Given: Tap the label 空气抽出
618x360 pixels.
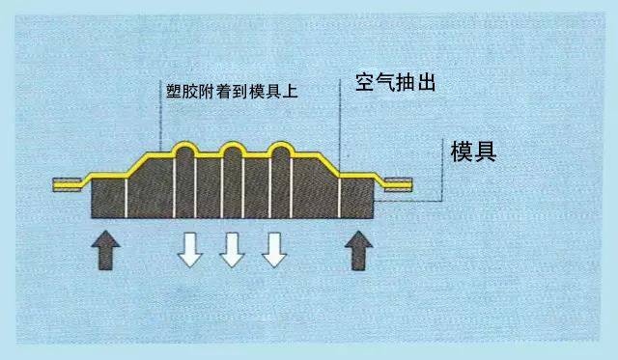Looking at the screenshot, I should coord(398,82).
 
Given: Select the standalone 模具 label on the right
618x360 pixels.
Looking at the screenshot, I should coord(473,152).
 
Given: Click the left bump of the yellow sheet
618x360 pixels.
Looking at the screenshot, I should coord(185,150).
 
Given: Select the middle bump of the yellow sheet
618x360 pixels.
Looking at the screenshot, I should coord(232,150).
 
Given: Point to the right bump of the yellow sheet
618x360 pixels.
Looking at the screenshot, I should coord(279,150).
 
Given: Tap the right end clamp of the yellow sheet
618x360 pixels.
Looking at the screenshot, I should coord(398,183).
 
